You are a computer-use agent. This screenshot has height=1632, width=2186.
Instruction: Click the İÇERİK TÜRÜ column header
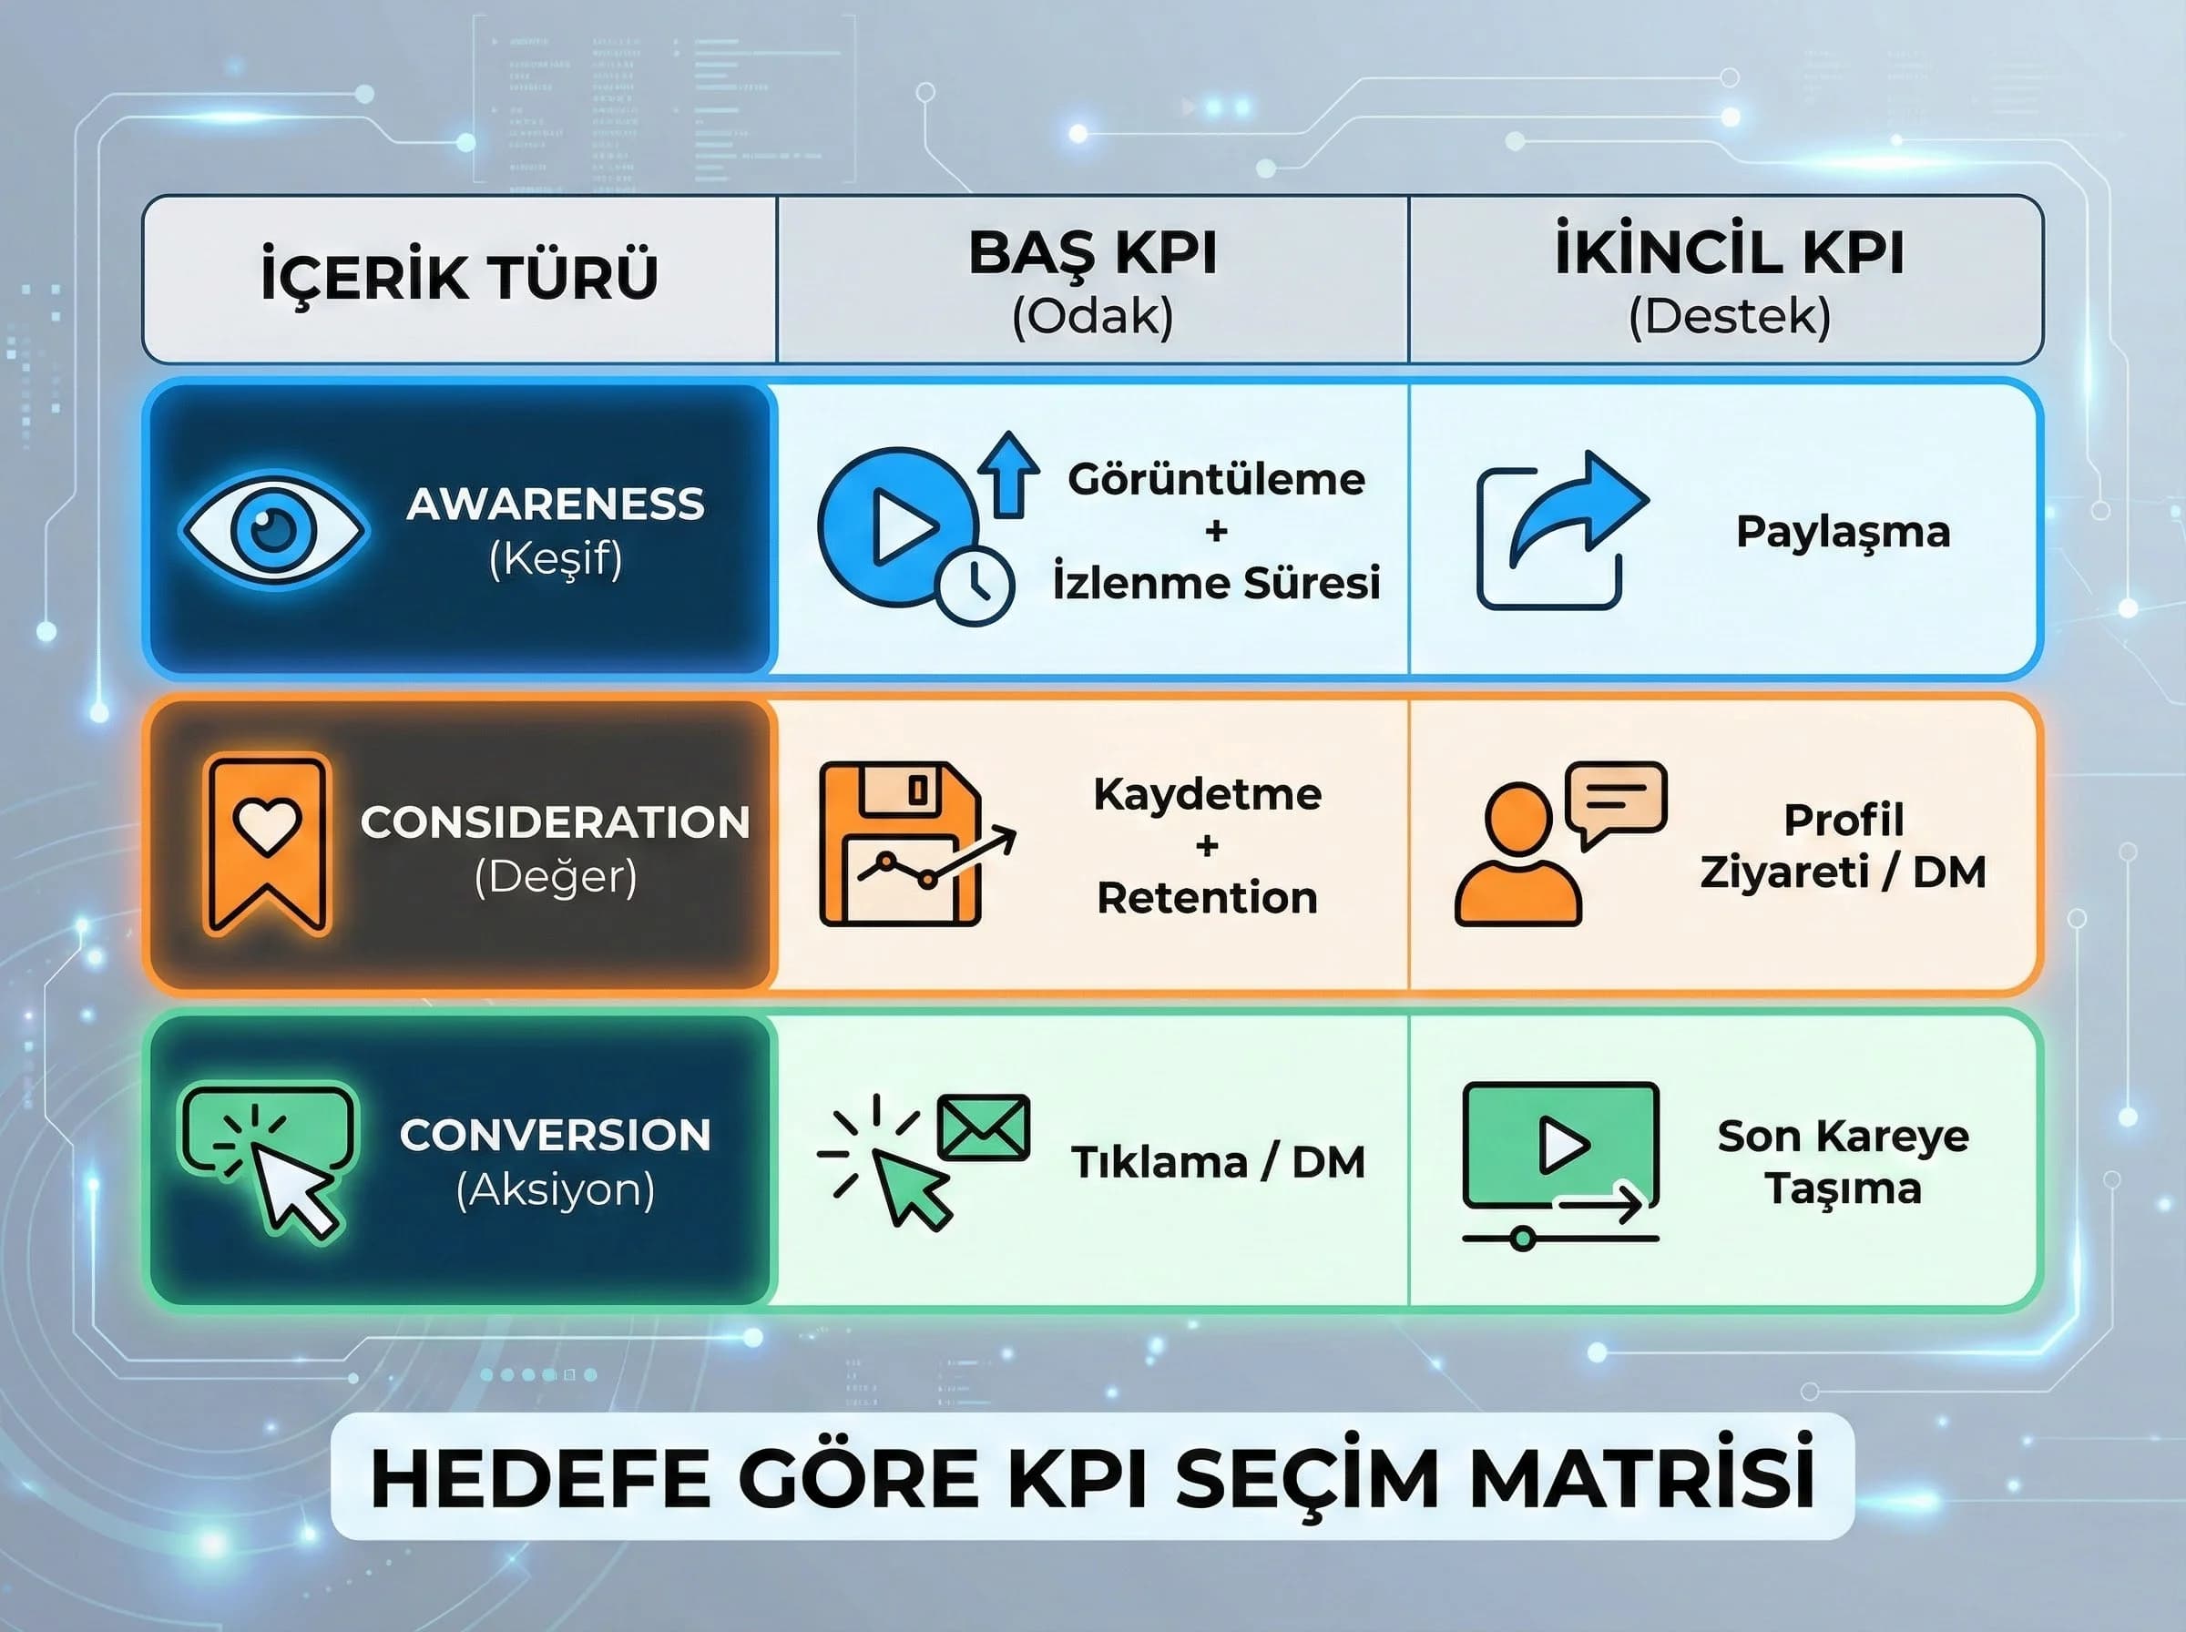pos(459,277)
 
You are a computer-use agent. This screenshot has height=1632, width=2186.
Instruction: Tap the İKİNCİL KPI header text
pos(1729,254)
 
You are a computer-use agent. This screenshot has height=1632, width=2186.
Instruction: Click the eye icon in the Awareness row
pos(273,531)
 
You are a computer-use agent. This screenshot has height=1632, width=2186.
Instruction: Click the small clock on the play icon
pos(974,586)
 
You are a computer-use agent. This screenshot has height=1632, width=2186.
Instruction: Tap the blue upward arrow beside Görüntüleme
pos(1007,474)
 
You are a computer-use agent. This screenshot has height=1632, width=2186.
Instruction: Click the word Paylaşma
pos(1844,532)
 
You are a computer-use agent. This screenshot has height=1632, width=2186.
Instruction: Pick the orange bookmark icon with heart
pos(267,842)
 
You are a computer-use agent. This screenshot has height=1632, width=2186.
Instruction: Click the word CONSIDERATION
pos(555,823)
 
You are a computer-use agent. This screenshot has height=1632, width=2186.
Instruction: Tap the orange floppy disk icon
pos(901,842)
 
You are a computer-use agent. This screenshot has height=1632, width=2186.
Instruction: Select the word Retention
pos(1207,898)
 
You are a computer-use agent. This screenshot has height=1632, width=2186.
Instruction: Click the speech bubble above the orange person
pos(1616,801)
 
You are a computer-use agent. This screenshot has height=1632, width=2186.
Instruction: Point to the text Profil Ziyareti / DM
pos(1844,846)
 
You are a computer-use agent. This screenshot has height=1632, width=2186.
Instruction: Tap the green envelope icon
pos(983,1127)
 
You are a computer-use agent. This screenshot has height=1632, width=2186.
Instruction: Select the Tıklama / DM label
pos(1218,1163)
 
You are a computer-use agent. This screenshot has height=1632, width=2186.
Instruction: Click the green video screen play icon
pos(1562,1147)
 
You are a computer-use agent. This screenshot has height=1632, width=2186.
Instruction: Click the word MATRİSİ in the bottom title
pos(1641,1480)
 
